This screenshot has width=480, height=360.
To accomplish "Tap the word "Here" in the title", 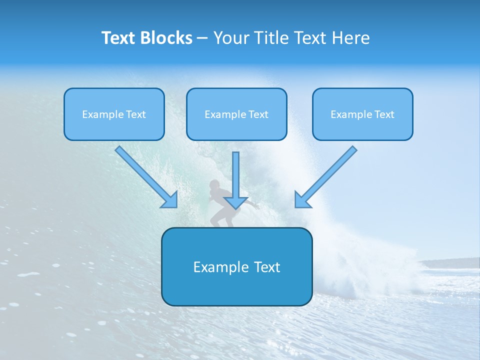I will [x=350, y=38].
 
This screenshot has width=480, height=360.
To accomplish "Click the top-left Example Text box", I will [x=114, y=114].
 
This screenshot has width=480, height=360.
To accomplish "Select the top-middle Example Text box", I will [x=236, y=114].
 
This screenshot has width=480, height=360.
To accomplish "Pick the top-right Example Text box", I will [x=362, y=114].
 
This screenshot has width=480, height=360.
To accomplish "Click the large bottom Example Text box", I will [x=236, y=266].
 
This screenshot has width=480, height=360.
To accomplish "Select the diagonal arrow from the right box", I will [x=327, y=175].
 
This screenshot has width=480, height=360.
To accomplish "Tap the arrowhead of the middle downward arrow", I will [x=235, y=202].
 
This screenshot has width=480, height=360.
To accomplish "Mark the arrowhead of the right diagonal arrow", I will [x=301, y=200].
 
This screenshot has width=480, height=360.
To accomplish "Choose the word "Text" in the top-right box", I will [x=384, y=114].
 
